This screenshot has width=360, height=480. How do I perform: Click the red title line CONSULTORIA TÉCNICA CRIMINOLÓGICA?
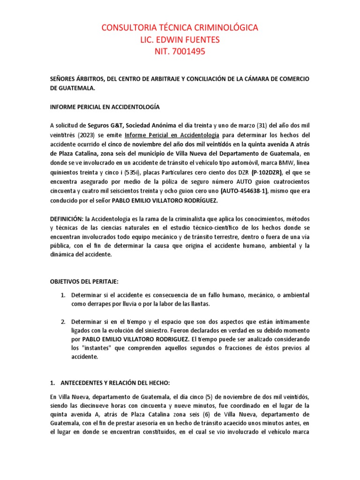point(180,28)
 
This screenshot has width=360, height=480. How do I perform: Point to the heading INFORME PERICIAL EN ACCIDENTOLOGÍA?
point(105,107)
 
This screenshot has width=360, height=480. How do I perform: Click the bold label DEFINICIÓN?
point(67,219)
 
